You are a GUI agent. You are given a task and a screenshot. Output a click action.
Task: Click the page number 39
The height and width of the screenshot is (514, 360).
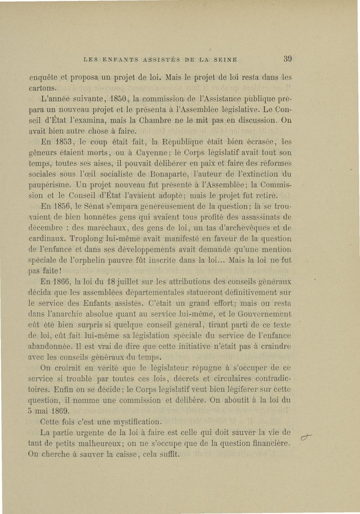[288, 58]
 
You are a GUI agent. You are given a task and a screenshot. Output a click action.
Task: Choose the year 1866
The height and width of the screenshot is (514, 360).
[66, 282]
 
